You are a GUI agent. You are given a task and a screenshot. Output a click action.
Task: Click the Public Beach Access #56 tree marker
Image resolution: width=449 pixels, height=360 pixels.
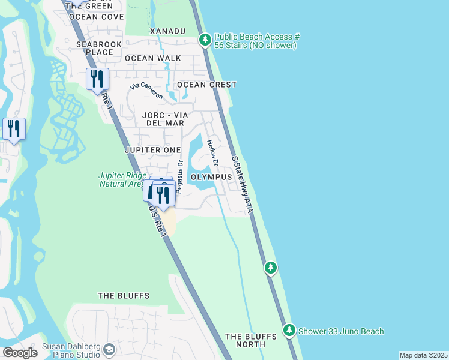pos(205,40)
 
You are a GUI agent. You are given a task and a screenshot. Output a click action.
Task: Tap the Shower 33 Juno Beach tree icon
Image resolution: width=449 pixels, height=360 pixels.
pos(289,331)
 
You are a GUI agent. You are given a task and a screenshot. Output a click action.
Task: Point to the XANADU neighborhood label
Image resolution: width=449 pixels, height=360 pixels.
pos(167,31)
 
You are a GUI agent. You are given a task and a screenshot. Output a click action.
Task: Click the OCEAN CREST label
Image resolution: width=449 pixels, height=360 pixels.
pos(206,85)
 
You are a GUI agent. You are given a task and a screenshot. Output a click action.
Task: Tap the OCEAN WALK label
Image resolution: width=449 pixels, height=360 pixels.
pos(152,58)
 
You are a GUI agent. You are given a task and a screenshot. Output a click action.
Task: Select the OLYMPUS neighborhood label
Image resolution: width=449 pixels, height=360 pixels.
pos(211,178)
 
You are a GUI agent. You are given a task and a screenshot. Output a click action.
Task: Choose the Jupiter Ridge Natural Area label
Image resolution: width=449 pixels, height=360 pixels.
pos(121,180)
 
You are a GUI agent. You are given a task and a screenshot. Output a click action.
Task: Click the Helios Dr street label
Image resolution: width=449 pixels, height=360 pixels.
pos(211,153)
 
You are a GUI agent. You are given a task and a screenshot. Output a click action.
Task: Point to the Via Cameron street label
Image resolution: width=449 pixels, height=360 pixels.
pos(146,91)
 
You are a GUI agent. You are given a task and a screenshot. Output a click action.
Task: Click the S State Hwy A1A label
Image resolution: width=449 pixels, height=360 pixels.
pos(242,184)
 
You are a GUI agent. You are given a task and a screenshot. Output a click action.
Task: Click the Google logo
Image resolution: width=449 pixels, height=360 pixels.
pos(20,353)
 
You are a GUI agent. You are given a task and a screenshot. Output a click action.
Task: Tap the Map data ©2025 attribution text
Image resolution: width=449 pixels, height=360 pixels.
pos(423,355)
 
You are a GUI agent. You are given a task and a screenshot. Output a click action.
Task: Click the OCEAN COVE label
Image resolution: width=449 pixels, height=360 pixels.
pos(96,17)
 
